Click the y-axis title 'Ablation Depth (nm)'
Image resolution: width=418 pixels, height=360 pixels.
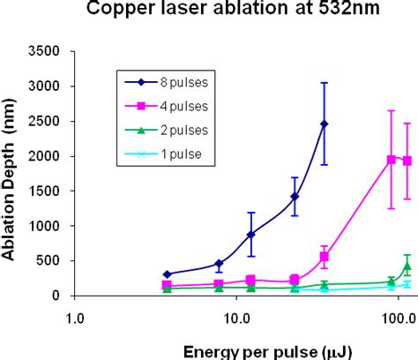13,173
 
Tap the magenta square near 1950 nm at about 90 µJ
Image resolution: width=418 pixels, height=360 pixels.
391,160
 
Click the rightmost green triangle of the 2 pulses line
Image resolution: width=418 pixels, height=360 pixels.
407,266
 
